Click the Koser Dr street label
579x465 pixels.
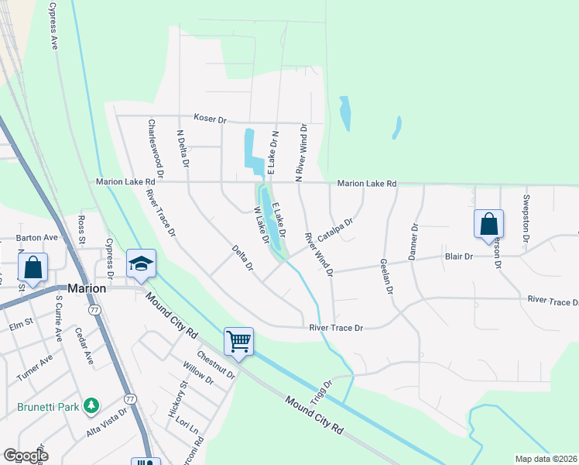point(210,120)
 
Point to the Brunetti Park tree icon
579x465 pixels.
point(91,405)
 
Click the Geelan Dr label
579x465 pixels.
point(385,275)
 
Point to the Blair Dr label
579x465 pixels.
point(457,256)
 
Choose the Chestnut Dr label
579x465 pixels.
point(216,366)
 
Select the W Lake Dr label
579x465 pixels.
point(261,225)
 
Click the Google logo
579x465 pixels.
point(26,456)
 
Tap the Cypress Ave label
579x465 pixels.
point(53,26)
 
